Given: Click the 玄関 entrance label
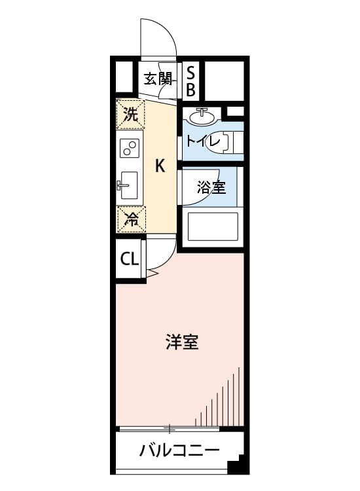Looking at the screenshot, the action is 158,79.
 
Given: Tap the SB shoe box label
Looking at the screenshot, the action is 190,81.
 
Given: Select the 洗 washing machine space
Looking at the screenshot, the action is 130,114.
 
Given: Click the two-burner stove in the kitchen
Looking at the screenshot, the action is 130,148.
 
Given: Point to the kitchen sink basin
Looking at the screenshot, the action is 130,185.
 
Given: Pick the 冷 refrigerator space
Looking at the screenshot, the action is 132,219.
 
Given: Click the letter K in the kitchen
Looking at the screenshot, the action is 160,166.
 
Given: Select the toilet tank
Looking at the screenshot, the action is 238,142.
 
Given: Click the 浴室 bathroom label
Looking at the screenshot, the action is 211,188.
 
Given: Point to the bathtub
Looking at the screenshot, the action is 213,227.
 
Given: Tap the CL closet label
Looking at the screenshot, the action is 130,259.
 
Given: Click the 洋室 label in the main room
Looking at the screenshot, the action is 182,342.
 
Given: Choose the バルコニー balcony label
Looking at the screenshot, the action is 179,451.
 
